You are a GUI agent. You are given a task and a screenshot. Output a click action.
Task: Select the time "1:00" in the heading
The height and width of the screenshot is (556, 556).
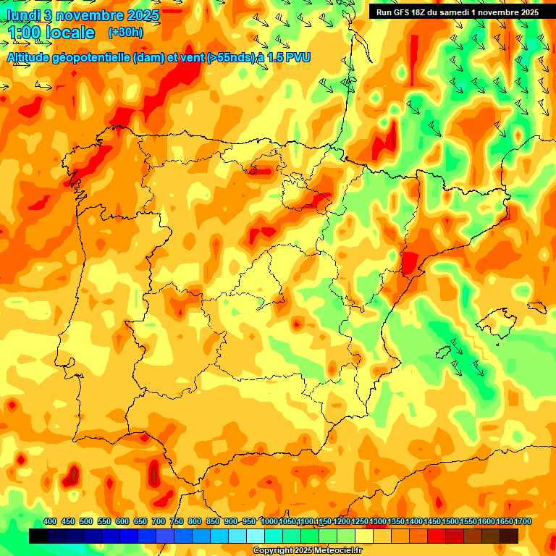pyautogui.click(x=25, y=33)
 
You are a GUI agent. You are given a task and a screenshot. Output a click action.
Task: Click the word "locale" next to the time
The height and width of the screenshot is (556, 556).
pyautogui.click(x=70, y=33)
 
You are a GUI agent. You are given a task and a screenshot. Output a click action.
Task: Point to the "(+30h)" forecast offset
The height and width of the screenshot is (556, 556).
pyautogui.click(x=125, y=33)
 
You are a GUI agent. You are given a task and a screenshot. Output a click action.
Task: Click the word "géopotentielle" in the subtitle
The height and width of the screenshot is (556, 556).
pyautogui.click(x=93, y=58)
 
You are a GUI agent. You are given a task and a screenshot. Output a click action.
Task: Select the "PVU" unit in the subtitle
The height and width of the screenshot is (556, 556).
pyautogui.click(x=296, y=58)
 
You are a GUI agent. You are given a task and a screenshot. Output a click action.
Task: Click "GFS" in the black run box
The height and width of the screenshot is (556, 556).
pyautogui.click(x=405, y=12)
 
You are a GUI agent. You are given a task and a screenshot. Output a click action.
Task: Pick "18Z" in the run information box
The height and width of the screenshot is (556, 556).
pyautogui.click(x=424, y=12)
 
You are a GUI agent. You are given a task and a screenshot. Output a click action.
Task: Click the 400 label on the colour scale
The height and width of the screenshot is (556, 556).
pyautogui.click(x=50, y=522)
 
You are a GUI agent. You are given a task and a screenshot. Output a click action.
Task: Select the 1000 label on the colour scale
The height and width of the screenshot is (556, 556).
pyautogui.click(x=269, y=522)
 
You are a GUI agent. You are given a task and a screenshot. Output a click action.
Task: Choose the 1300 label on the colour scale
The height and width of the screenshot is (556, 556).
pyautogui.click(x=378, y=522)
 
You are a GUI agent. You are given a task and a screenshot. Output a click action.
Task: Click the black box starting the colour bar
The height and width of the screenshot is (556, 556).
pyautogui.click(x=38, y=536)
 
